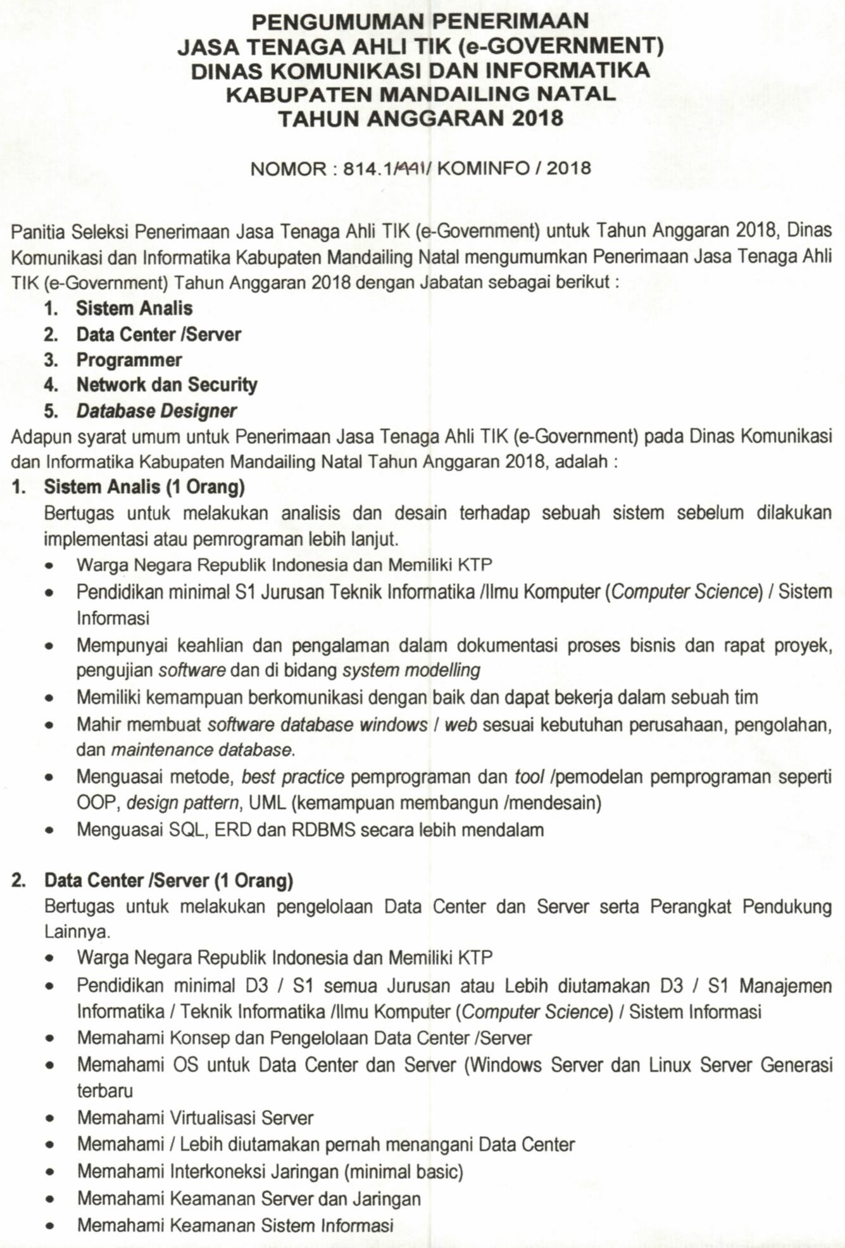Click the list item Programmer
coord(129,360)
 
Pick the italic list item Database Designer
coord(156,411)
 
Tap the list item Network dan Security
coord(167,385)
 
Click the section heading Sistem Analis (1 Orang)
coord(144,487)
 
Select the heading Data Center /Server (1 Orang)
coord(168,880)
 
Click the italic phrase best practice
coord(293,777)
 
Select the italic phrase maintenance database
coord(202,751)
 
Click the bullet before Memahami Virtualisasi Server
coord(49,1119)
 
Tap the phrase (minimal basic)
coord(404,1171)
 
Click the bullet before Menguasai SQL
coord(49,831)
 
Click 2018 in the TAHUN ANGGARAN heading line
coord(537,119)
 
